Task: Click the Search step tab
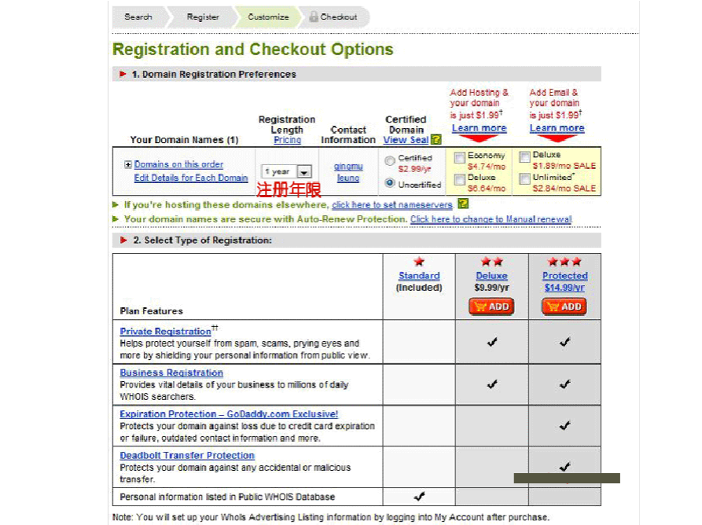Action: click(x=138, y=17)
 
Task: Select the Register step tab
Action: click(x=203, y=17)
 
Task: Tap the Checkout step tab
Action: click(x=334, y=17)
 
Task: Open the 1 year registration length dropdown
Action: click(x=304, y=171)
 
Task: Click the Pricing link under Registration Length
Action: click(x=287, y=140)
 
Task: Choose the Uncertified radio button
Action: click(x=390, y=183)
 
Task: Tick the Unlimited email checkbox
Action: click(x=524, y=179)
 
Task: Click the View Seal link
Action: click(x=406, y=140)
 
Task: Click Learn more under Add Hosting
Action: click(x=479, y=128)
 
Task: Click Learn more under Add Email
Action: click(x=557, y=128)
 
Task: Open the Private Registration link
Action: click(x=165, y=332)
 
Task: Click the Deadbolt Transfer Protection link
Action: click(x=187, y=455)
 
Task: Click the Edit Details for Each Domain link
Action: click(x=190, y=178)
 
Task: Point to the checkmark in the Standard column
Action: click(x=419, y=496)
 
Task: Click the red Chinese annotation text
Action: click(x=289, y=190)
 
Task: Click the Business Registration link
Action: click(x=171, y=373)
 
